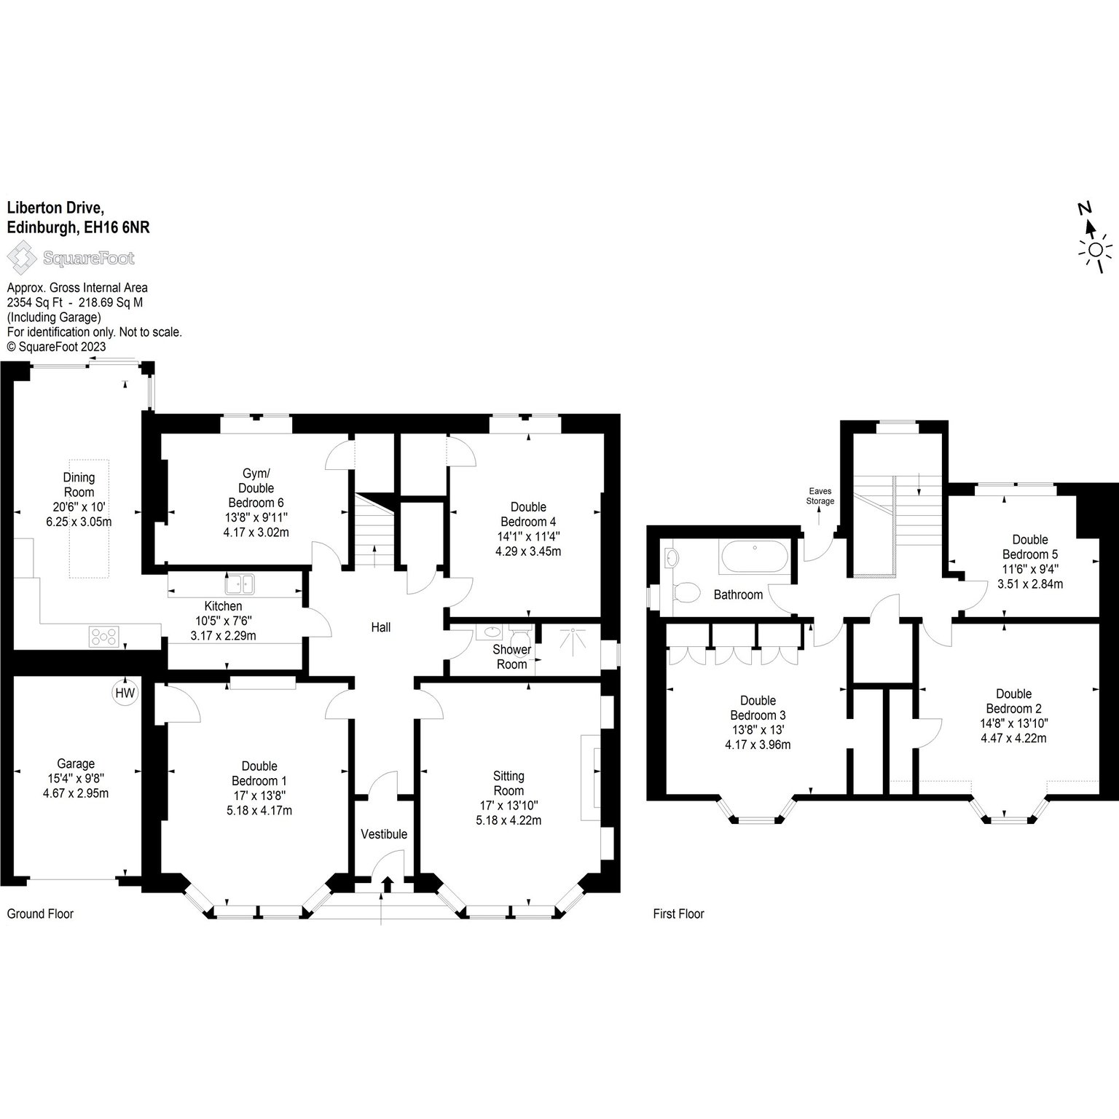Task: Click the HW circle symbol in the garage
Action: tap(125, 693)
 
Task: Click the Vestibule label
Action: tap(384, 834)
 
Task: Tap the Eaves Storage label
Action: tap(820, 496)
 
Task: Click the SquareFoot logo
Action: tap(71, 258)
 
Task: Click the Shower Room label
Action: tap(511, 656)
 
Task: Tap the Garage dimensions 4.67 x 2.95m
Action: tap(76, 793)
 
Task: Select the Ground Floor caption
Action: tap(40, 914)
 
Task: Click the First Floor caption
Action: tap(678, 914)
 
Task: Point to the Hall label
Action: tap(381, 627)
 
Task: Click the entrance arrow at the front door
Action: tap(387, 884)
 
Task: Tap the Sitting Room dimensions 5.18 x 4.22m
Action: tap(509, 820)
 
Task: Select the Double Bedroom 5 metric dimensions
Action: tap(1030, 584)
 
